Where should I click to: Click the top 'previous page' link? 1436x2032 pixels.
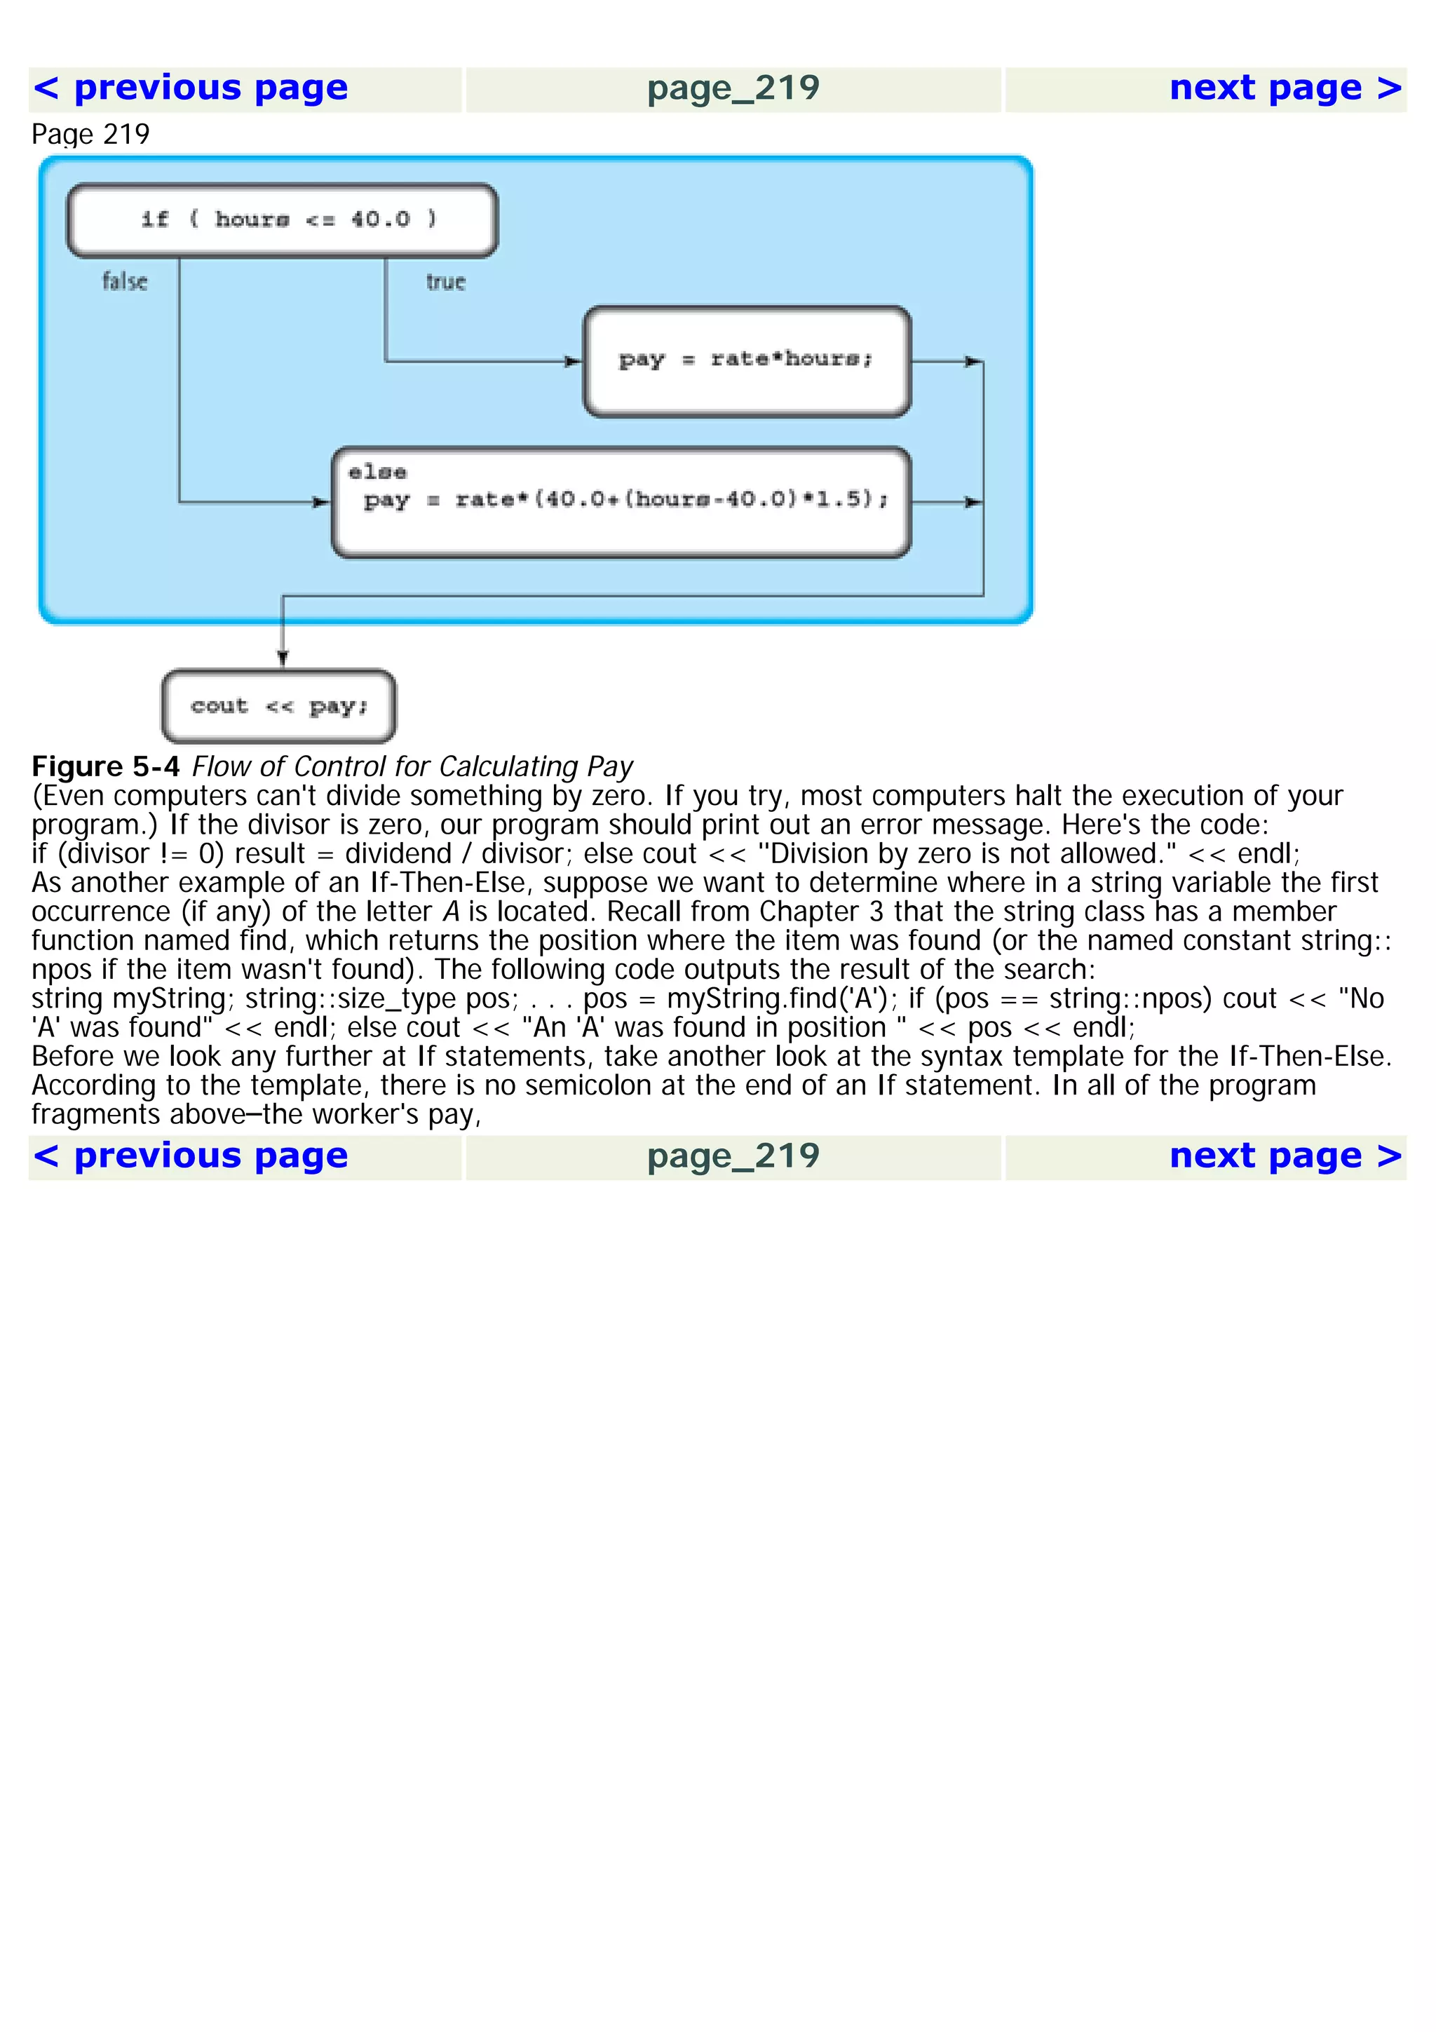pyautogui.click(x=190, y=88)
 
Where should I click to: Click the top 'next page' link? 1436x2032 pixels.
pyautogui.click(x=1285, y=88)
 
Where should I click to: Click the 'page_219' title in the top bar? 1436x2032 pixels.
pyautogui.click(x=733, y=88)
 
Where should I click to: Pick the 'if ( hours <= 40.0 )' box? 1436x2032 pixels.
pyautogui.click(x=283, y=220)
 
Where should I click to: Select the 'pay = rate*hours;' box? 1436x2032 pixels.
pyautogui.click(x=747, y=361)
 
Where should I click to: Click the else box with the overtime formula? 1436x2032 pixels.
pyautogui.click(x=621, y=502)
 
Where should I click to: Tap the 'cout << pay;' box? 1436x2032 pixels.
pyautogui.click(x=278, y=706)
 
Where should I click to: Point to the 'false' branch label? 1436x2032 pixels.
pyautogui.click(x=125, y=281)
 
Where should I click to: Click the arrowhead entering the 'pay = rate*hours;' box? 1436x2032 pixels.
pyautogui.click(x=574, y=361)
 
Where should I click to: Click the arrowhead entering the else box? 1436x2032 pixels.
pyautogui.click(x=321, y=502)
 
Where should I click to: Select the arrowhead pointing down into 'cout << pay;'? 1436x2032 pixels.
pyautogui.click(x=283, y=658)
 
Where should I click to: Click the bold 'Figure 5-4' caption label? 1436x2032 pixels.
pyautogui.click(x=105, y=766)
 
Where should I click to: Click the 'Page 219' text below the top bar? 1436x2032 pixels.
pyautogui.click(x=90, y=135)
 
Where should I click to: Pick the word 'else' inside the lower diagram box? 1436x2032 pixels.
pyautogui.click(x=377, y=473)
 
